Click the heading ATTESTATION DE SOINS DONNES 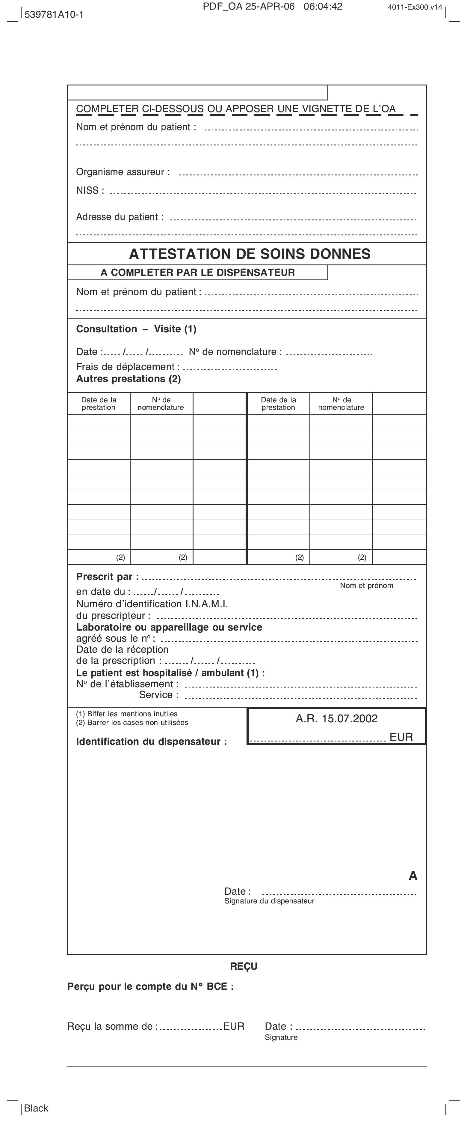[250, 254]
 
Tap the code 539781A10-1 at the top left [54, 14]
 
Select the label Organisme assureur [123, 172]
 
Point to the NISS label [90, 190]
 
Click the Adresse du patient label [120, 217]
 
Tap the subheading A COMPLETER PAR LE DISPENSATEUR [198, 273]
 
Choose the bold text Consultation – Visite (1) [136, 329]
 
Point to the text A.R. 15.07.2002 [336, 719]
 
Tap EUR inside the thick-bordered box [401, 737]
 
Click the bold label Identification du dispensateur [152, 741]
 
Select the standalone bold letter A [412, 876]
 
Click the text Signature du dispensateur [269, 901]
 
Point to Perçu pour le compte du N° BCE [150, 986]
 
